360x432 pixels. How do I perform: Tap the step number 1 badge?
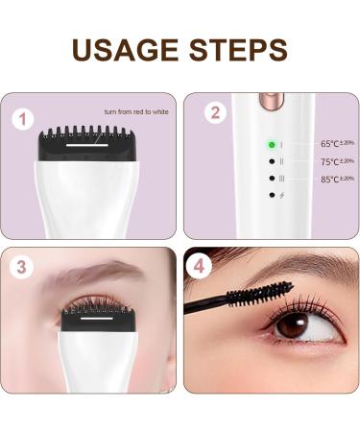23,120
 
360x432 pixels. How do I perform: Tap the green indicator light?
272,144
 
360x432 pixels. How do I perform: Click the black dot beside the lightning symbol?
272,196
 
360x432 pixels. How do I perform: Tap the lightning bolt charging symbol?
282,196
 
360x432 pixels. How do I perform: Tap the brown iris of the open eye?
293,326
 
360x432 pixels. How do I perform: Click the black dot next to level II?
272,161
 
